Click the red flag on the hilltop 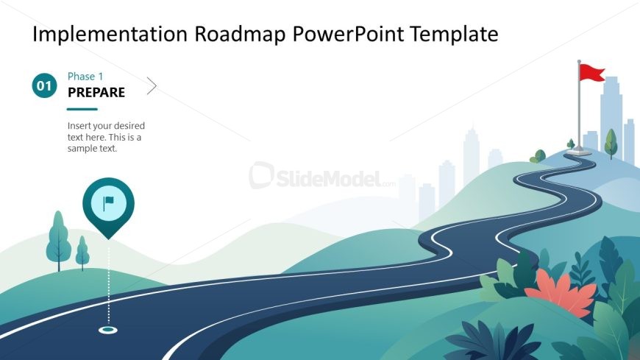592,73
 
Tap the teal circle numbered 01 44,86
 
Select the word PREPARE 96,92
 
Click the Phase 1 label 85,77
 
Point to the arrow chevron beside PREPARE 152,86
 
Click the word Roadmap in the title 240,34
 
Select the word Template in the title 454,35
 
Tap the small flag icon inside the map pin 108,203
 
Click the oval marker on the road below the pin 108,330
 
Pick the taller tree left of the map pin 58,241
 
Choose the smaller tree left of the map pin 82,253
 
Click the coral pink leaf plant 561,294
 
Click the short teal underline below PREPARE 82,109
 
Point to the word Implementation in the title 110,35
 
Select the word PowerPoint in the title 348,34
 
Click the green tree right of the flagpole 611,143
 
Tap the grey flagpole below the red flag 579,107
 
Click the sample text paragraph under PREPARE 106,137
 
